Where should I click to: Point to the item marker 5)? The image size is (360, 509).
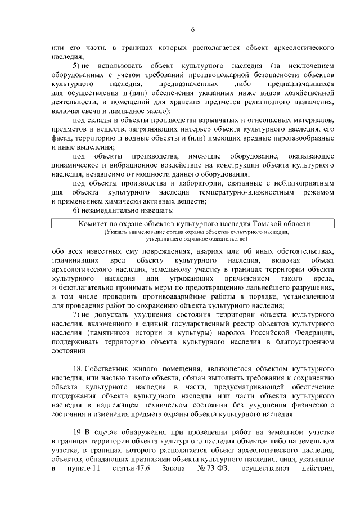click(x=78, y=66)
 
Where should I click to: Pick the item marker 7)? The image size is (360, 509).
click(x=78, y=313)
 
